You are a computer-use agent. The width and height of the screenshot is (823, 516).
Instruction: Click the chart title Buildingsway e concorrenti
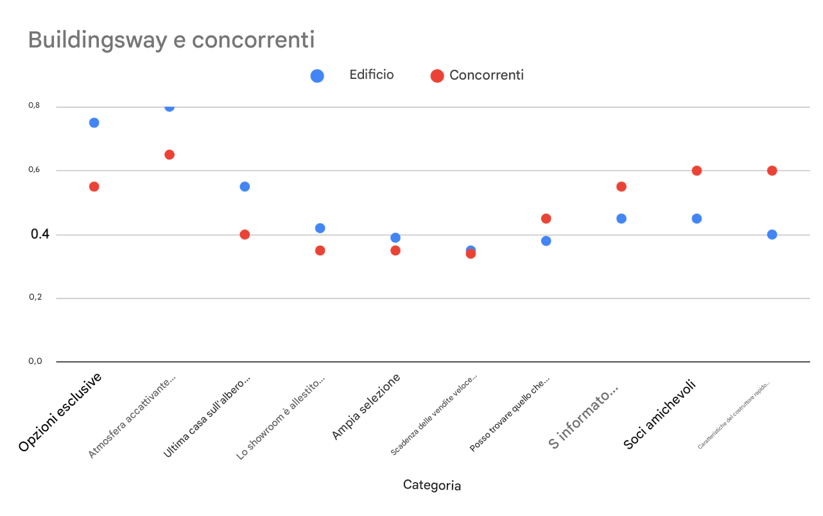tap(171, 40)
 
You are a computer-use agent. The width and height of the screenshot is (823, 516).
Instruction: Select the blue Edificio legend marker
tap(317, 76)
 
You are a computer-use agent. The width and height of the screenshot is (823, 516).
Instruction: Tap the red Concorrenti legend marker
tap(437, 76)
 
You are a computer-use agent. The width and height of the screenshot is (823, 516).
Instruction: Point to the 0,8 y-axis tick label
tap(35, 106)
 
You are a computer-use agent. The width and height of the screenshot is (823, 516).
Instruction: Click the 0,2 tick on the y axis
tap(35, 298)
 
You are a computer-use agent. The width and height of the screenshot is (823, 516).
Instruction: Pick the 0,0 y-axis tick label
tap(35, 361)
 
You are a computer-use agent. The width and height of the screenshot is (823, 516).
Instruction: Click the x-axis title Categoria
tap(431, 485)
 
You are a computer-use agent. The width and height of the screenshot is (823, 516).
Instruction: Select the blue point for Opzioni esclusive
tap(94, 123)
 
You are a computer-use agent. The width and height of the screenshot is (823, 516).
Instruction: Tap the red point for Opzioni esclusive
tap(94, 187)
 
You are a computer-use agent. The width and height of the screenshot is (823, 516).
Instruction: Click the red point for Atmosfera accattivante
tap(169, 155)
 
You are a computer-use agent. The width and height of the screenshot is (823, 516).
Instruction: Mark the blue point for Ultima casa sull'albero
tap(245, 187)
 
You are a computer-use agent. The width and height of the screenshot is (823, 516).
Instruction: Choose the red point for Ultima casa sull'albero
tap(245, 234)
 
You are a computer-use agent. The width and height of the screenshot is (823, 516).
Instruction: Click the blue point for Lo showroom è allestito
tap(320, 228)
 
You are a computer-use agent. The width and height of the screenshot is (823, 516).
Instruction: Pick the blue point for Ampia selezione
tap(395, 237)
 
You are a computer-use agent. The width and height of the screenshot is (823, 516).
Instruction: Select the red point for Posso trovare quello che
tap(546, 218)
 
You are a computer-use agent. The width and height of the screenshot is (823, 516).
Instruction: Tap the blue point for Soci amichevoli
tap(697, 218)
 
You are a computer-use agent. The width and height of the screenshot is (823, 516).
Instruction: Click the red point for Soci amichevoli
tap(697, 171)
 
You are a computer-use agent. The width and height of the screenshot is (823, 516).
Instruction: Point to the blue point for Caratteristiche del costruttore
tap(772, 234)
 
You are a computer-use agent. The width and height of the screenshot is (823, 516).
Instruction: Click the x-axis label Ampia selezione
tap(366, 407)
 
